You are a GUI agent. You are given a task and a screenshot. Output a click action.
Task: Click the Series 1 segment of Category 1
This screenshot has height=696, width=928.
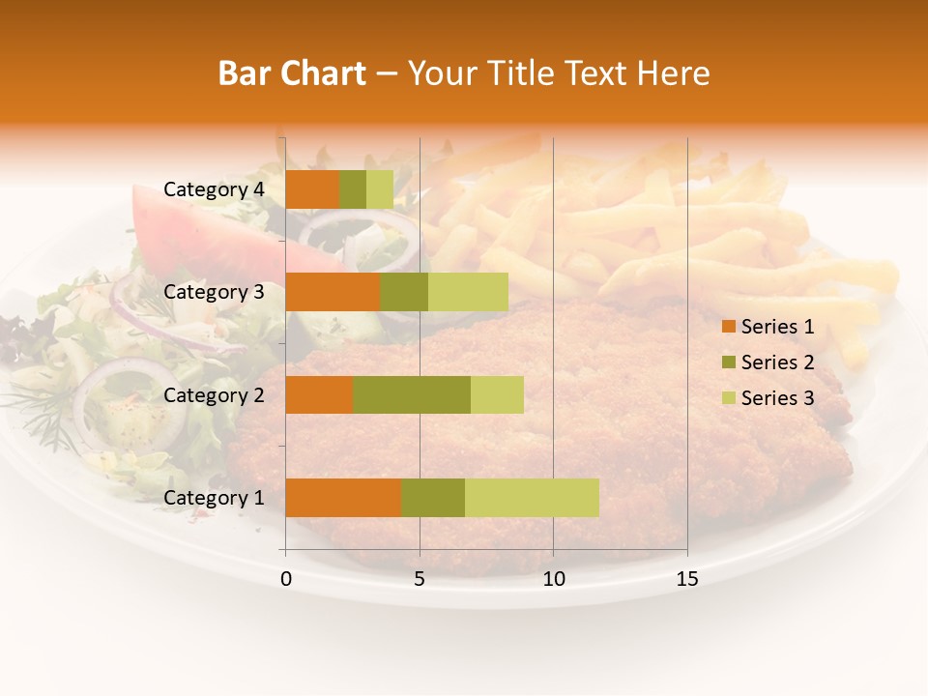pos(343,498)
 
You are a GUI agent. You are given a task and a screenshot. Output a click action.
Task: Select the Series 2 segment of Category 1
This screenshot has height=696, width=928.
pos(433,498)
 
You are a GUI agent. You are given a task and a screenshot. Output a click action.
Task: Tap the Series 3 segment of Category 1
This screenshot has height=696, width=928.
pos(532,498)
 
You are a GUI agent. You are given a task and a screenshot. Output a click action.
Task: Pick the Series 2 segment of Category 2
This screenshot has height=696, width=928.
pos(412,394)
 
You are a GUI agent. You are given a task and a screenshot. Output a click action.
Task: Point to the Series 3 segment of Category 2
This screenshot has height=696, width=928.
pos(497,394)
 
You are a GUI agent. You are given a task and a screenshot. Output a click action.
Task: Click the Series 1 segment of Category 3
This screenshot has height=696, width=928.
pos(333,292)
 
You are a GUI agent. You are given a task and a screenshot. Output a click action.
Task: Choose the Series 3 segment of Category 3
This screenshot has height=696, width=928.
pos(468,292)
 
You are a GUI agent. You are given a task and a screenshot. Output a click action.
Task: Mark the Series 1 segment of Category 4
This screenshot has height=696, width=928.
pos(312,189)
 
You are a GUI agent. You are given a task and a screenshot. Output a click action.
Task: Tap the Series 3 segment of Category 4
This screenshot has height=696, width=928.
pos(380,189)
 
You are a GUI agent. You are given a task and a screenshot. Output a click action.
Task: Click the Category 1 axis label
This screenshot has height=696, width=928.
pos(213,498)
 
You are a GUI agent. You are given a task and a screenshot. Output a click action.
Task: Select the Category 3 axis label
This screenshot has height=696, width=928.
pos(213,292)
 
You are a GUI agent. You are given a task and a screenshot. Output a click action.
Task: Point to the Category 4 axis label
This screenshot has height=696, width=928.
pos(213,189)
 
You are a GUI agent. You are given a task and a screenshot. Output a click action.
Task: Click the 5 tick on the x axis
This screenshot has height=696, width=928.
pos(420,579)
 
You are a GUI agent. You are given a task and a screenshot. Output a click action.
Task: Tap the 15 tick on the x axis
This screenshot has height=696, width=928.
pos(686,579)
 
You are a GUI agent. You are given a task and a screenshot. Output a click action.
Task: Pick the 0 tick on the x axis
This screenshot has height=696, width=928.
pos(286,579)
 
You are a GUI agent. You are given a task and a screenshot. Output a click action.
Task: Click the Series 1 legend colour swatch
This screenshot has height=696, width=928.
pos(728,327)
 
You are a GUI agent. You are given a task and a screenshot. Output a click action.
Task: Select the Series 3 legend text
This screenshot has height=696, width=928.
pos(777,397)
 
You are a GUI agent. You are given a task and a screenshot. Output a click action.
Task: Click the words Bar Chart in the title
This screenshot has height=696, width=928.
pos(292,73)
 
